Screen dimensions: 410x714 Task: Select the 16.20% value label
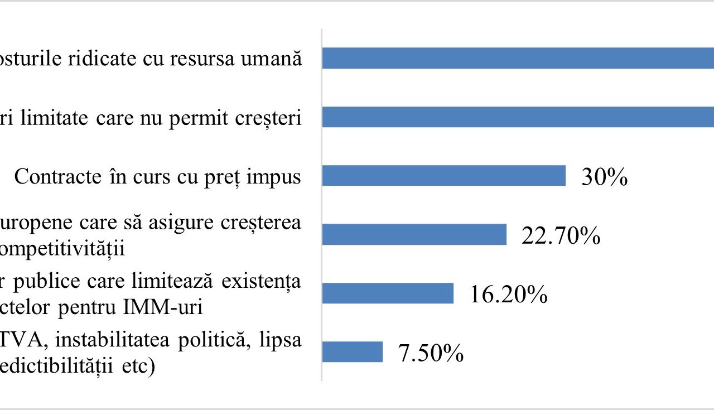point(508,295)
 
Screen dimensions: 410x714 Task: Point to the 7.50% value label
point(430,353)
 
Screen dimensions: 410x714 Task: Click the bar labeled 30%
point(444,176)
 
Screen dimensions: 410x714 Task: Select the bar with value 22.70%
point(414,234)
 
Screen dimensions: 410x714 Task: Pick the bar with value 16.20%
point(388,293)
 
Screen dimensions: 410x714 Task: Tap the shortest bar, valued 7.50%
point(353,352)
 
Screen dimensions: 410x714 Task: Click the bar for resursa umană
point(518,59)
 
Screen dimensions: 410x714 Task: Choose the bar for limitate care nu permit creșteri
point(518,117)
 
